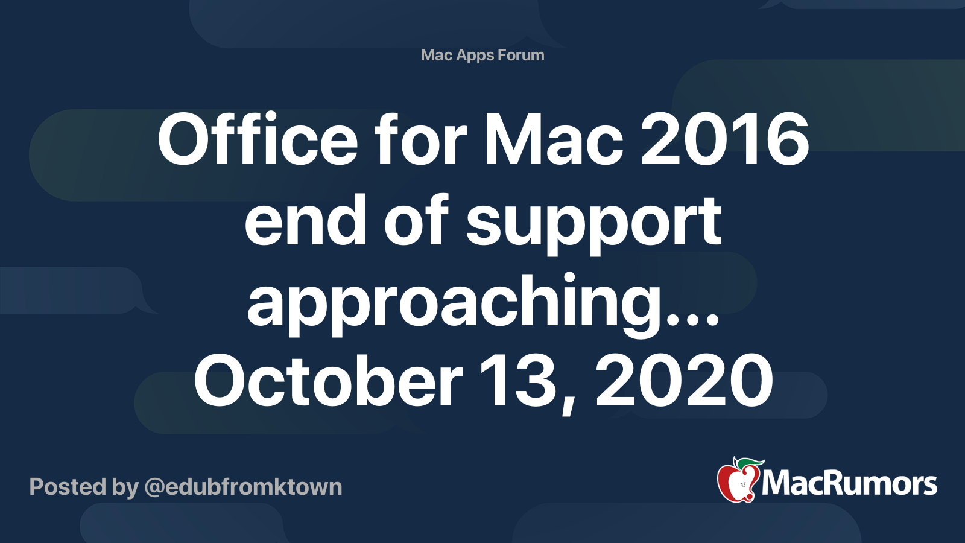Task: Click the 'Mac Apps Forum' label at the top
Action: click(482, 55)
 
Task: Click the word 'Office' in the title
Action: click(258, 139)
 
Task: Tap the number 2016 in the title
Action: click(724, 139)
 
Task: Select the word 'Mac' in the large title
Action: click(554, 139)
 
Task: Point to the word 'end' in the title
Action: click(305, 219)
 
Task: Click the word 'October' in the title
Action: click(328, 379)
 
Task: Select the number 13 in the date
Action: click(521, 379)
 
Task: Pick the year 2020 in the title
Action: click(684, 379)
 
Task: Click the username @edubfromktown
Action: click(244, 487)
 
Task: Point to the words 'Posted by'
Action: click(84, 487)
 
